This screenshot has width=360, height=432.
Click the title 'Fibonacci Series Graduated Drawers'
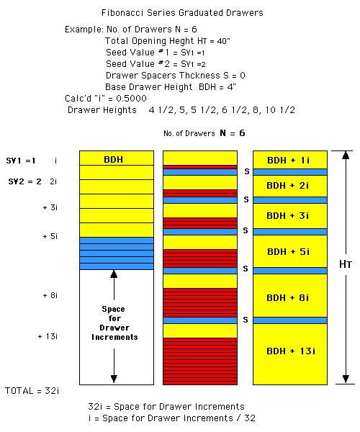coord(182,13)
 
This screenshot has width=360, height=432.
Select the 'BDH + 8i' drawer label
coord(287,298)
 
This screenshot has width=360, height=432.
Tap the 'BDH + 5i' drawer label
coord(288,251)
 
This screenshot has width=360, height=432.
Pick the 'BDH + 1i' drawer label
coord(288,160)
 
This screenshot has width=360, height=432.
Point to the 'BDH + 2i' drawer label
coord(287,186)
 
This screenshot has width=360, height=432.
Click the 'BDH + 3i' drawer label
coord(287,215)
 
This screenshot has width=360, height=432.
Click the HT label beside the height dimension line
coord(346,264)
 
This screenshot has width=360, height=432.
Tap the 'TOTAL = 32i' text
coord(32,391)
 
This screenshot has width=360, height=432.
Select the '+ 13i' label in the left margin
coord(48,336)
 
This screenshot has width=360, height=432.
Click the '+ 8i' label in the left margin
coord(50,295)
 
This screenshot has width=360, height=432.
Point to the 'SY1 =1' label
coord(21,161)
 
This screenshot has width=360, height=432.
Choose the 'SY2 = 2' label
coord(24,181)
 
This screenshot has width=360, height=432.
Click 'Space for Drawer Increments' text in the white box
coord(114,323)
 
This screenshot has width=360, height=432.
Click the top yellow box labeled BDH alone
coord(117,158)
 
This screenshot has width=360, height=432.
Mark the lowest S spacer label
coord(246,320)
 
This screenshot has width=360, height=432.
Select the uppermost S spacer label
coord(247,171)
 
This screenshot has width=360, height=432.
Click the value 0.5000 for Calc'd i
coord(131,99)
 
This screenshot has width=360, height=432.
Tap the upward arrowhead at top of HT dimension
coord(346,155)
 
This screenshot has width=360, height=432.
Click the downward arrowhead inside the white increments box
coord(114,379)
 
